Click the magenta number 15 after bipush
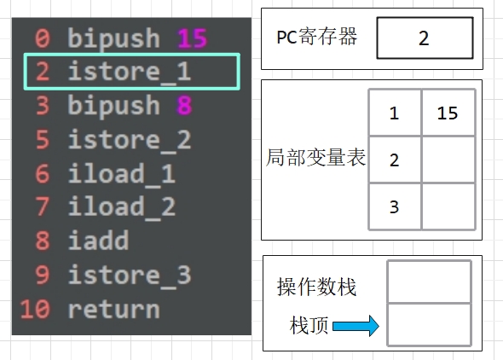[x=193, y=38]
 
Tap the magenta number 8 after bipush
[x=184, y=105]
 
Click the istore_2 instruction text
[x=130, y=140]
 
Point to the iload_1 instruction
[x=122, y=173]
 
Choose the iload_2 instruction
[x=122, y=207]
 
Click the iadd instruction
[x=99, y=240]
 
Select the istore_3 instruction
[x=130, y=275]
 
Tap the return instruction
[x=114, y=309]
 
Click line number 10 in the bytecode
[x=35, y=309]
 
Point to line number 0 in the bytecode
[x=43, y=38]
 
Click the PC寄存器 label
[x=316, y=37]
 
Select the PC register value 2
[x=425, y=38]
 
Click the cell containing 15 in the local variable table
[x=448, y=113]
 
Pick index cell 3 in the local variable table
[x=395, y=206]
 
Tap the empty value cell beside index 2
[x=448, y=160]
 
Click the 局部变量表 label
[x=315, y=158]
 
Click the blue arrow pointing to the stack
[x=356, y=326]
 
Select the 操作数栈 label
[x=316, y=287]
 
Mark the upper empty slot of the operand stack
[x=430, y=282]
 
